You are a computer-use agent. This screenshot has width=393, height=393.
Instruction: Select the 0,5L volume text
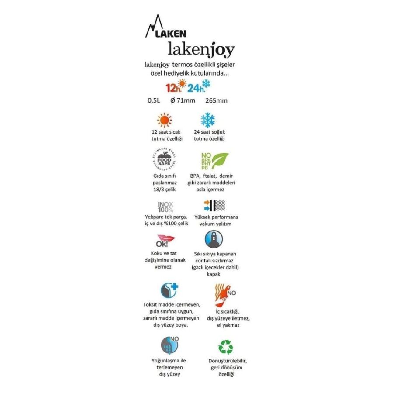[x=154, y=101]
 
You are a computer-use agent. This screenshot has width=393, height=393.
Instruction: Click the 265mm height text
[x=216, y=101]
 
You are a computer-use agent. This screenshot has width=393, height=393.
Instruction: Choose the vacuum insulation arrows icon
[x=214, y=205]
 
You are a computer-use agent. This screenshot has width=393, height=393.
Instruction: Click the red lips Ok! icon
[x=165, y=241]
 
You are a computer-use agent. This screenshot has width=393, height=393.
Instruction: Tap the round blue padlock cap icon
[x=214, y=239]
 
